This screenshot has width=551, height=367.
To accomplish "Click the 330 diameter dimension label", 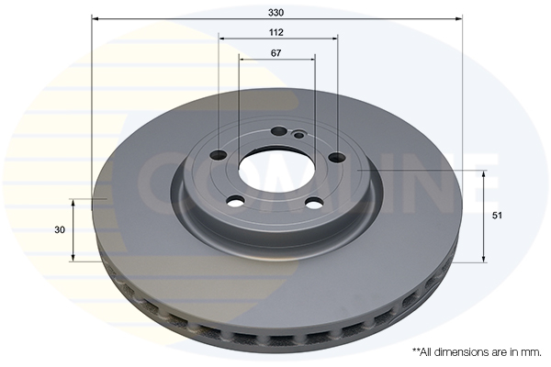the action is pos(275,13).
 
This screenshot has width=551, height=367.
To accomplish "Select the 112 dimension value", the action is pos(276,33).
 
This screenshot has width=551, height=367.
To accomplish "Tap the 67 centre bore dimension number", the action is pos(276,53).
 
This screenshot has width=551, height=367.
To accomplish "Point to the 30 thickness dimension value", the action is pos(60,230).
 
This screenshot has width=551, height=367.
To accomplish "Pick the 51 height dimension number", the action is pos(497,216).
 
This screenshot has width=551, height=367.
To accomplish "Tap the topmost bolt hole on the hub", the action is pos(279,131).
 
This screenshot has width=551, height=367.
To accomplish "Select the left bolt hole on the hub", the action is pos(219,154).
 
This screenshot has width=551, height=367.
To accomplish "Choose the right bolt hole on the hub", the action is pos(338,157).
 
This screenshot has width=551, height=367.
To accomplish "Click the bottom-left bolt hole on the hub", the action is pos(235,202).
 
